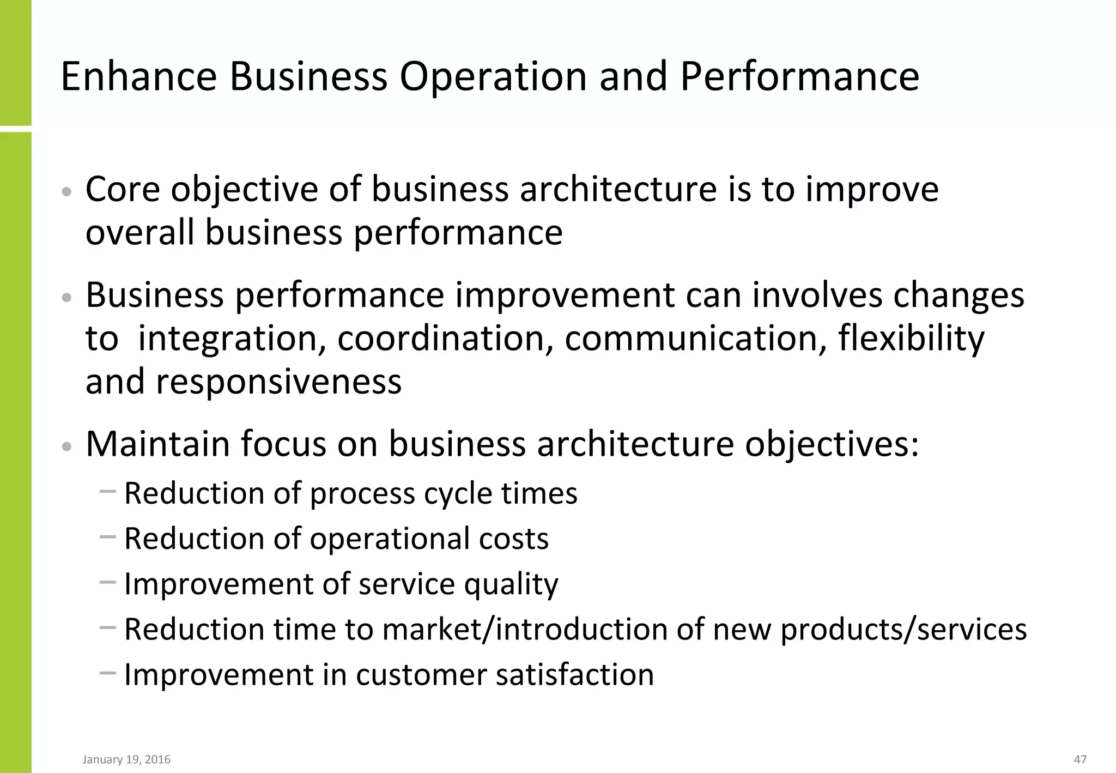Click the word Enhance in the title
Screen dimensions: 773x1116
tap(139, 76)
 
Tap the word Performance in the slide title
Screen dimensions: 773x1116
tap(799, 76)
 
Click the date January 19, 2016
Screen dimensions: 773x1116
tap(126, 759)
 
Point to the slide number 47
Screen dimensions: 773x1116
tap(1080, 759)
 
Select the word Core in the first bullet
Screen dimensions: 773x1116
tap(123, 190)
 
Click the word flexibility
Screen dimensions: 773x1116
tap(911, 339)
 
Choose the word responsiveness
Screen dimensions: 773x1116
tap(279, 382)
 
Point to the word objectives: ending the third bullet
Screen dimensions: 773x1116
tap(832, 444)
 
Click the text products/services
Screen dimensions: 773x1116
tap(903, 630)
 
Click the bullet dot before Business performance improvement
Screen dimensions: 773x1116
tap(66, 297)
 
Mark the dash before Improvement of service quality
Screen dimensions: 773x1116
tap(108, 582)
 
